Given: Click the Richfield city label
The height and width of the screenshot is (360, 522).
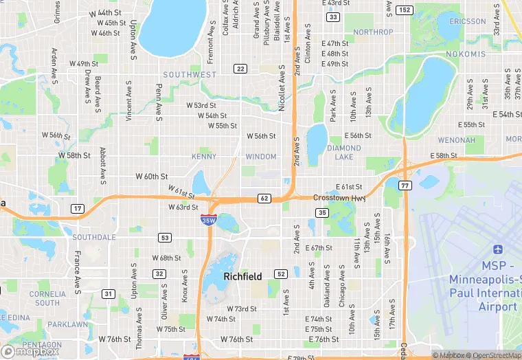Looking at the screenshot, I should coord(242,276).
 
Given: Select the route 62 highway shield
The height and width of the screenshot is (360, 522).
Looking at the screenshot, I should coord(264,199).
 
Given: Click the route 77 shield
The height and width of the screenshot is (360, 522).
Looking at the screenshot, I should coord(405,185).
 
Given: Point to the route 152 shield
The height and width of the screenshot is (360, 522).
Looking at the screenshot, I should coord(405,10).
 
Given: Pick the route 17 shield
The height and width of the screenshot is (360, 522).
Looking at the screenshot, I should coord(78,208).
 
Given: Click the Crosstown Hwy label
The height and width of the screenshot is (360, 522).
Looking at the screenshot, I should coord(339,198).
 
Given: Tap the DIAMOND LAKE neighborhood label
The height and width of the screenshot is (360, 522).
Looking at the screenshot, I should coord(344,153).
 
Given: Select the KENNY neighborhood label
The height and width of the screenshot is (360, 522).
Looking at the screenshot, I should coord(203,157).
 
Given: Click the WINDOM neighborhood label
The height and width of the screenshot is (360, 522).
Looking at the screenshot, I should coord(261,157).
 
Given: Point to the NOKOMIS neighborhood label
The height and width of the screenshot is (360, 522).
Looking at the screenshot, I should coord(465,54).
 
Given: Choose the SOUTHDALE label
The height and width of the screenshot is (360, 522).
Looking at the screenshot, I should coord(94,237).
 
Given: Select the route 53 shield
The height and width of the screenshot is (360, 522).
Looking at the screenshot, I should coord(164,238).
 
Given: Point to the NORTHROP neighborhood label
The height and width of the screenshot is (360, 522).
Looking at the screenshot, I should coord(373,32).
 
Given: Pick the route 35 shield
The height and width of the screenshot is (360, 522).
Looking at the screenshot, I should coord(321,213).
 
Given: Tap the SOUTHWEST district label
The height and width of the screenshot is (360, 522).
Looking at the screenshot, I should coord(190,74).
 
